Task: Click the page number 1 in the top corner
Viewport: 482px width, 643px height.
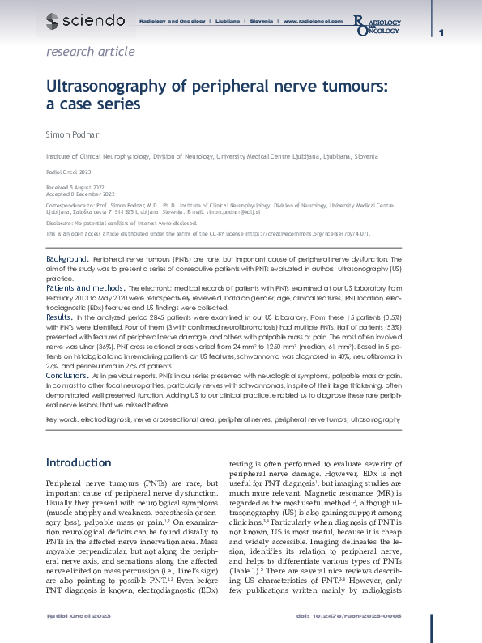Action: (441, 32)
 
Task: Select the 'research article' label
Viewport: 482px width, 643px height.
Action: (91, 52)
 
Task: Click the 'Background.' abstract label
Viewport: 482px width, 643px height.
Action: (67, 258)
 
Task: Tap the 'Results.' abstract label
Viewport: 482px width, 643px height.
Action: (60, 318)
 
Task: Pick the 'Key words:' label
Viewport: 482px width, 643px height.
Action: (62, 420)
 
